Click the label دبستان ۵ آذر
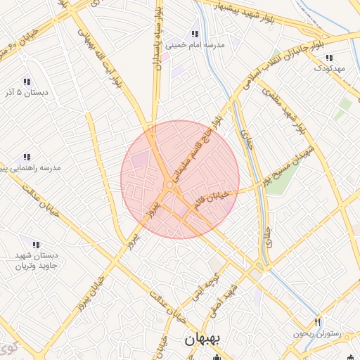point(26,93)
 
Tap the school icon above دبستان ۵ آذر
point(27,82)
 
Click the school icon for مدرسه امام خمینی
point(195,34)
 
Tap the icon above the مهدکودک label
point(329,58)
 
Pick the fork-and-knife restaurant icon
point(318,321)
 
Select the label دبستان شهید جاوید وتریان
point(37,261)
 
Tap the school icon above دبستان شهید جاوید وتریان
point(36,245)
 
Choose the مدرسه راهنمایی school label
point(32,168)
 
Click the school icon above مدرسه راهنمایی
point(27,157)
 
